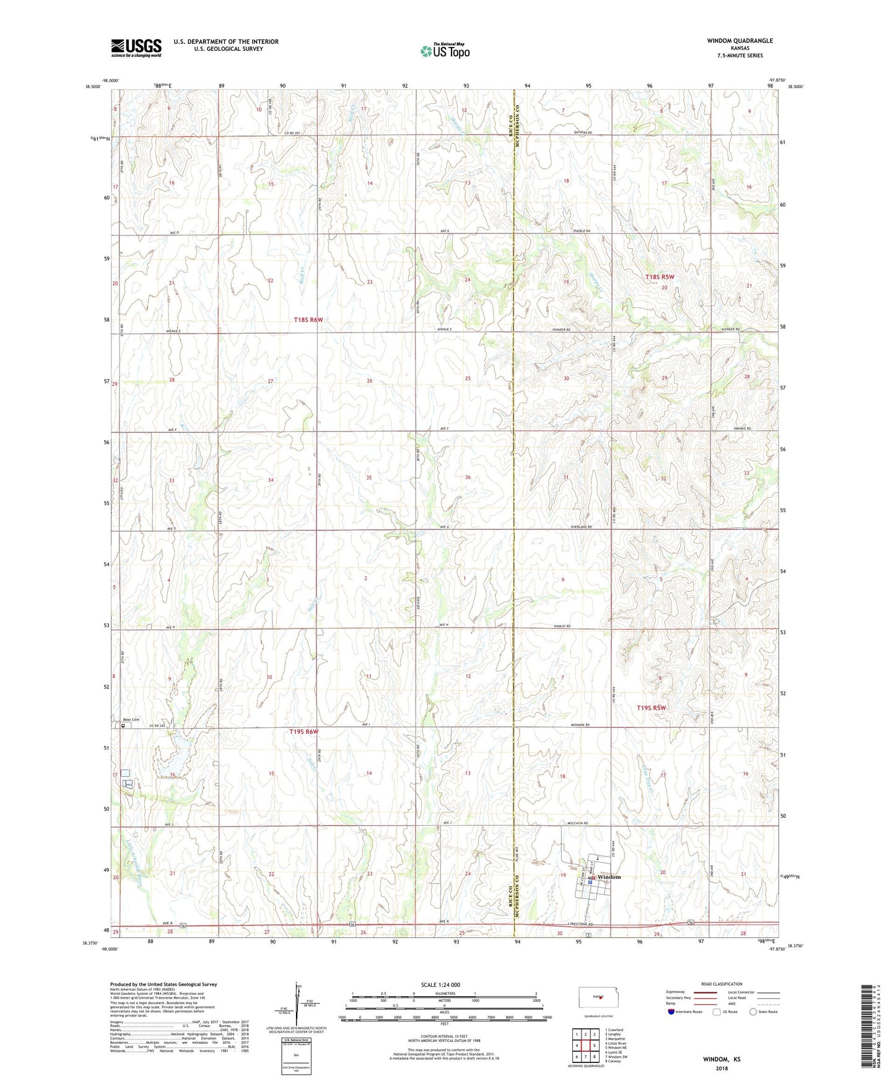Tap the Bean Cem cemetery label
tap(131, 719)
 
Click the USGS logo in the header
tap(136, 48)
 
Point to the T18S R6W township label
tap(308, 320)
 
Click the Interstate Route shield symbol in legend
tap(672, 1012)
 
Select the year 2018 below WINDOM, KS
tap(721, 1069)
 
